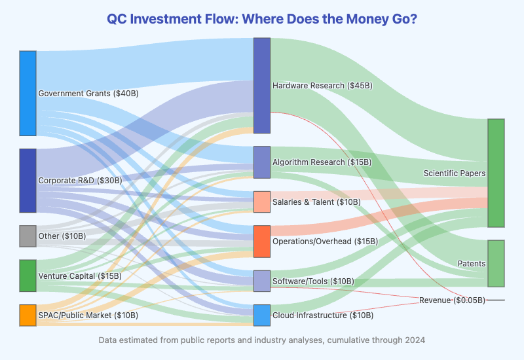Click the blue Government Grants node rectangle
[28, 93]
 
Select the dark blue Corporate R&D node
[28, 181]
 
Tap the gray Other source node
[28, 236]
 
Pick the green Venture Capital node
[28, 276]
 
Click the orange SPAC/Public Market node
[28, 315]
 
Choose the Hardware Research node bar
[261, 86]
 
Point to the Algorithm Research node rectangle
[261, 162]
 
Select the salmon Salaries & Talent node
[261, 202]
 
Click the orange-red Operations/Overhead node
[261, 241]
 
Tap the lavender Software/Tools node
[261, 281]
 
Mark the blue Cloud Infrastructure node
[261, 315]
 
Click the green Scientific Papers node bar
[496, 173]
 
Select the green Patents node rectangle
[496, 263]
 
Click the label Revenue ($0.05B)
[452, 300]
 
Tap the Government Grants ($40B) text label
[88, 94]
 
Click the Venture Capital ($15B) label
[80, 276]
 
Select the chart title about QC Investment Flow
[262, 19]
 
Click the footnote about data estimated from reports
[262, 340]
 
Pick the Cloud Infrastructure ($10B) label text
[323, 315]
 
